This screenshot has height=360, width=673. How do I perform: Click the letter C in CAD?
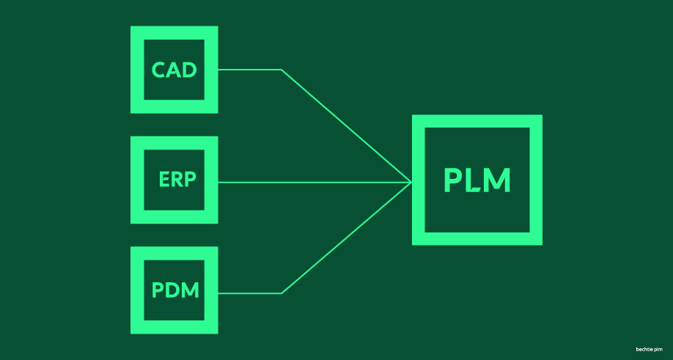tap(158, 70)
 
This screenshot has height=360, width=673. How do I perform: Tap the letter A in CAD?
tap(174, 70)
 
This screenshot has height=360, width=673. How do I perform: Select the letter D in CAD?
tap(189, 70)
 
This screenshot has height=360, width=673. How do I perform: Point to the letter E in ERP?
tap(163, 180)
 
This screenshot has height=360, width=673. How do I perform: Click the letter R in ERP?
tap(176, 180)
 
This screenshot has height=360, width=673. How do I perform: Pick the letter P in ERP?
tap(190, 180)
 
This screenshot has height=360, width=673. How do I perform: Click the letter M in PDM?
tap(190, 290)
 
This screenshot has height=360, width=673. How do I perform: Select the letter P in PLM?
tap(453, 180)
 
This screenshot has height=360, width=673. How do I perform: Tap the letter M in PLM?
tap(496, 180)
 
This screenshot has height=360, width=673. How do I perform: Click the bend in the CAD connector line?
tap(281, 70)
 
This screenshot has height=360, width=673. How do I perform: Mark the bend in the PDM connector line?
tap(281, 293)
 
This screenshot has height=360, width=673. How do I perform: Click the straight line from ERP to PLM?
tap(315, 183)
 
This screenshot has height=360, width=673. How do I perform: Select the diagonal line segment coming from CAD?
tap(346, 125)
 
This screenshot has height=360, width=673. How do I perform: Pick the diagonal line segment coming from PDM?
tap(346, 238)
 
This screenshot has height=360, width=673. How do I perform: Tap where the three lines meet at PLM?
tap(411, 183)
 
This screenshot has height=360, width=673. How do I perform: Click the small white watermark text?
tap(649, 349)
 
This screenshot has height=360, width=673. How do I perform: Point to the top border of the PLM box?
tap(477, 121)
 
